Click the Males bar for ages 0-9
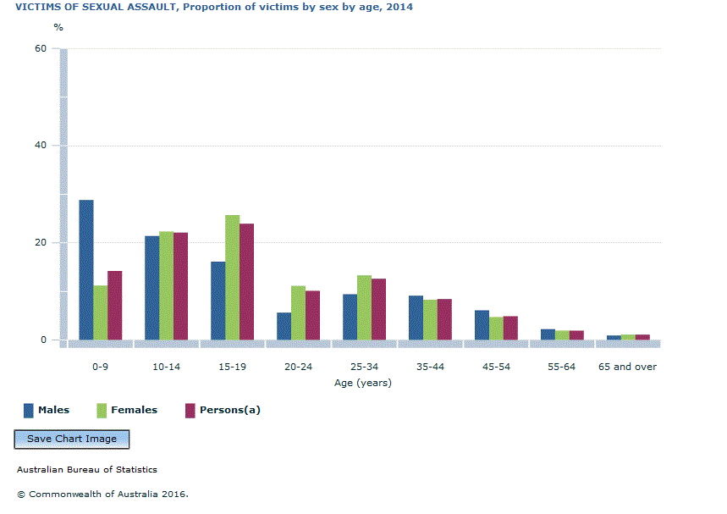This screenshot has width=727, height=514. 86,270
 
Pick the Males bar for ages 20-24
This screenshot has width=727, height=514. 284,326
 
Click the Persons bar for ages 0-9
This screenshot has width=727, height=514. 114,305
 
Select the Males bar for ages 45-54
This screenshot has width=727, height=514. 482,325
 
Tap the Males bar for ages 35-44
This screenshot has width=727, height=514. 416,318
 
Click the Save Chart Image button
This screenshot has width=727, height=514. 72,439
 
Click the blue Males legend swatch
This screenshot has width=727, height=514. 29,411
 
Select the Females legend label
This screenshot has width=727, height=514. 133,411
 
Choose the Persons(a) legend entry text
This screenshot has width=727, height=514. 229,411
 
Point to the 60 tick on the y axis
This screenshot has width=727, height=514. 40,49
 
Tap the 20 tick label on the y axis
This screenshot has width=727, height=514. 40,243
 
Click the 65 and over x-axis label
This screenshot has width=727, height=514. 627,367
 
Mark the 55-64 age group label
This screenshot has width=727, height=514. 561,367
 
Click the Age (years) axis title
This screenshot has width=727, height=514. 363,383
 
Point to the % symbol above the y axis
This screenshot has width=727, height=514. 58,27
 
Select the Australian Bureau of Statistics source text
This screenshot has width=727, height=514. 86,470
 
